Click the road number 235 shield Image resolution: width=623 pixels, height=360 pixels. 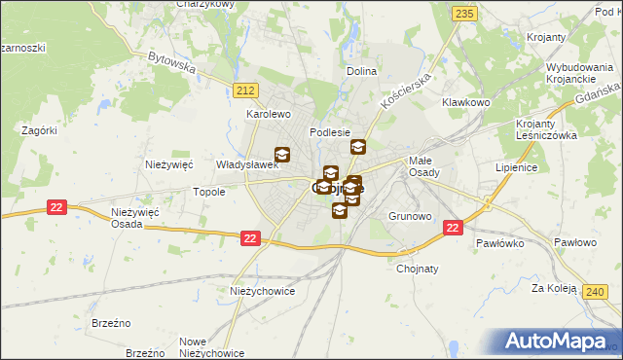point(464,13)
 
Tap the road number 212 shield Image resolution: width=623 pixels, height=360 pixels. point(245,90)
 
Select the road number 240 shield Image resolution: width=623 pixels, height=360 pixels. point(596,290)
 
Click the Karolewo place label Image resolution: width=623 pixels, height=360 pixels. point(269,114)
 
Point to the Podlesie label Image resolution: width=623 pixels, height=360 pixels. point(329,131)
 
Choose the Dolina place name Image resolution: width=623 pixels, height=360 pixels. point(361,72)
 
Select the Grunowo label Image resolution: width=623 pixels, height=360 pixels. point(409,215)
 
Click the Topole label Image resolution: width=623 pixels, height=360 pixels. point(209,192)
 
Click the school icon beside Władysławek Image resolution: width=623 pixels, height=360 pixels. point(282,154)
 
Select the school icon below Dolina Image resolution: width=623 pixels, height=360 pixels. point(358,147)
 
